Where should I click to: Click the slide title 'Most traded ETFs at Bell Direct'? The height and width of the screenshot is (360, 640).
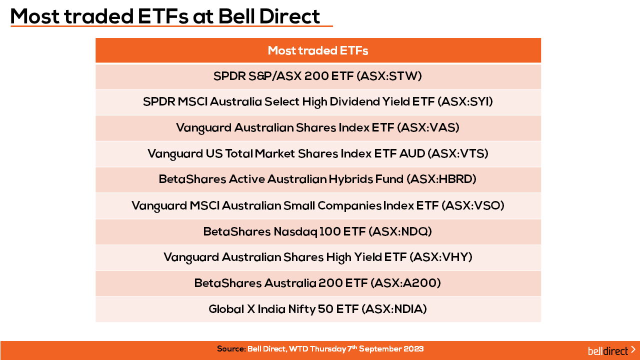(165, 16)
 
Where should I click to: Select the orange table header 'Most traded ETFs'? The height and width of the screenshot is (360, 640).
(318, 50)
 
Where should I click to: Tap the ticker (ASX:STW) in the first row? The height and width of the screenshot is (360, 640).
(389, 76)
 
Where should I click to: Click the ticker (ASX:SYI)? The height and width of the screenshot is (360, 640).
(465, 101)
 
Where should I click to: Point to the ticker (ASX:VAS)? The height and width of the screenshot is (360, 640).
(428, 127)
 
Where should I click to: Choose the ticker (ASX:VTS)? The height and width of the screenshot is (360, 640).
(458, 153)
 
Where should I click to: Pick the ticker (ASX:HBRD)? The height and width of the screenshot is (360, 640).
(441, 179)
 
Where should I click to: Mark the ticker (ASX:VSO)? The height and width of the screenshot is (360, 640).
(473, 205)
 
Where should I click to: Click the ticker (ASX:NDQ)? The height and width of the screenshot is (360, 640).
(400, 231)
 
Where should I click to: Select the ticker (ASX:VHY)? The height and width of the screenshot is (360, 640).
(441, 257)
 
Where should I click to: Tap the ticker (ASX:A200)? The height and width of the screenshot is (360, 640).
(405, 283)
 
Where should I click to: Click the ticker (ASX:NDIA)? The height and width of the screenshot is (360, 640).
(394, 309)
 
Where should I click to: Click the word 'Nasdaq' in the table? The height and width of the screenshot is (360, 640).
(295, 231)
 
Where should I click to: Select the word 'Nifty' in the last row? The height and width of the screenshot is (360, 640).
(301, 309)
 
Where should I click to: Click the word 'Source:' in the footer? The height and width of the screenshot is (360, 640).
(231, 349)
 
